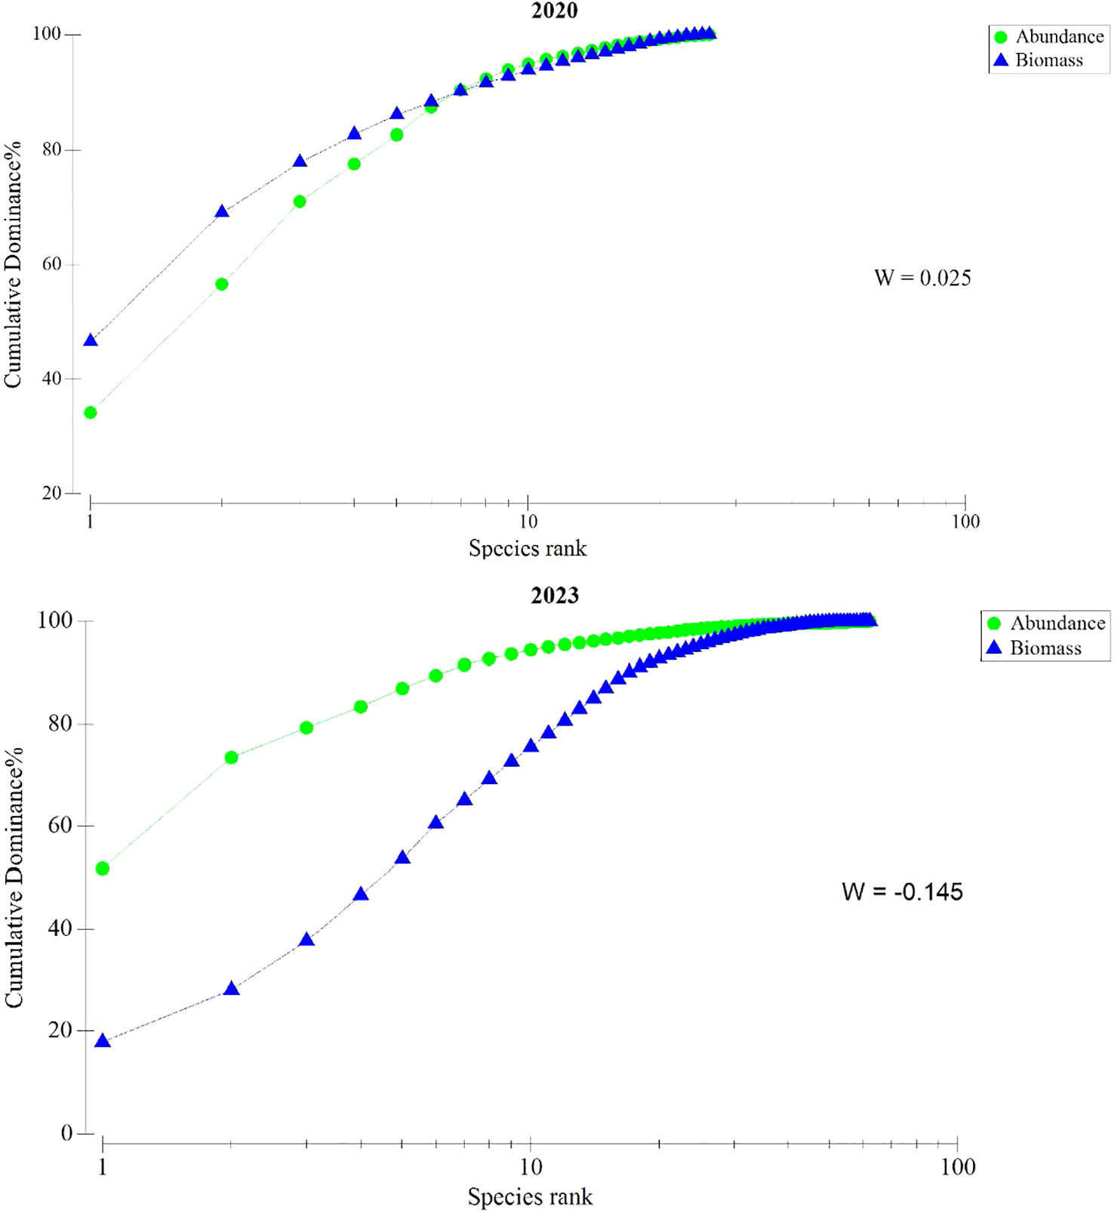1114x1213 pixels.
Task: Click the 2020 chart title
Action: pos(555,11)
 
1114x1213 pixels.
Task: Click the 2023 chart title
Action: pos(555,596)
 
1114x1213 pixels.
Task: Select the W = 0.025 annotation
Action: pos(922,278)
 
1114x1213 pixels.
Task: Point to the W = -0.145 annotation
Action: pos(902,891)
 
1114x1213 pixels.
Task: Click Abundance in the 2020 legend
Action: pos(1059,36)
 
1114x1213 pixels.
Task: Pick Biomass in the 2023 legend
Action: pos(1045,648)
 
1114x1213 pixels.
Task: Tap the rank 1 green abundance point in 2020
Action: pos(91,413)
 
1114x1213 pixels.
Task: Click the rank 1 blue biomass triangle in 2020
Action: pos(91,340)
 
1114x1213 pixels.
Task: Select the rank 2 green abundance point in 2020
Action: pos(222,285)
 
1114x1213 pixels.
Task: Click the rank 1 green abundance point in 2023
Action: pos(103,869)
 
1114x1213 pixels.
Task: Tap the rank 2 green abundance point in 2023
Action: pos(232,757)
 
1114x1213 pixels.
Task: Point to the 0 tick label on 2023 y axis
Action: pos(66,1133)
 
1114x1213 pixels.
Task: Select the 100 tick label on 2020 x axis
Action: pos(965,522)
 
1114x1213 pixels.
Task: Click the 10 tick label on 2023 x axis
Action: pos(531,1167)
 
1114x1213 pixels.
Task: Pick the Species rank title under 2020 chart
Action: pos(527,548)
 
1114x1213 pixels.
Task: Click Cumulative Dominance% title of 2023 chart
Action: pos(14,877)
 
